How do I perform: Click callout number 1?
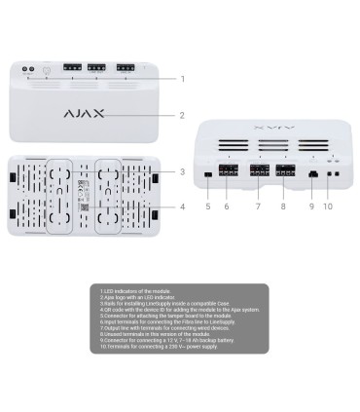click(181, 79)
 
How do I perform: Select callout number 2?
click(181, 115)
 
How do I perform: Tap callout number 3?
click(181, 172)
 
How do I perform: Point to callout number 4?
click(181, 206)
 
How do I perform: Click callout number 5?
click(207, 206)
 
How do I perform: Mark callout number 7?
click(258, 206)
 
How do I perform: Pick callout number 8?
click(284, 206)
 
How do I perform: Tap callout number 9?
click(311, 206)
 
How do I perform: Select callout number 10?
click(328, 206)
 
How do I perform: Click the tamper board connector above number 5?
click(207, 174)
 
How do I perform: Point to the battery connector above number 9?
click(311, 173)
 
